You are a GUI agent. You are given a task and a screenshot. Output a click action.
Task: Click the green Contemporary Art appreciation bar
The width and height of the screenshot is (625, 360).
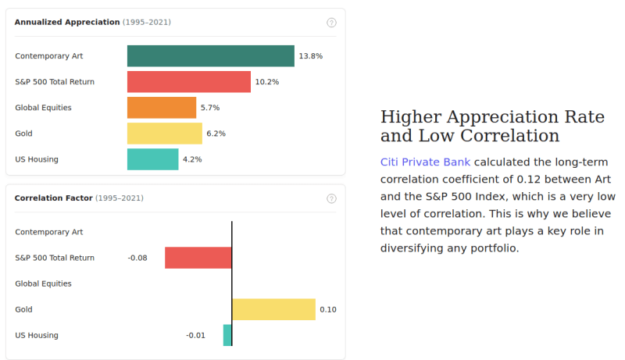pyautogui.click(x=211, y=56)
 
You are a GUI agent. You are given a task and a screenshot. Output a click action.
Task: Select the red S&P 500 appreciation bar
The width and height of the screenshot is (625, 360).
pyautogui.click(x=189, y=82)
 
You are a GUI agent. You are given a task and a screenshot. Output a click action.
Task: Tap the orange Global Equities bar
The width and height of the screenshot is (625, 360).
pyautogui.click(x=162, y=108)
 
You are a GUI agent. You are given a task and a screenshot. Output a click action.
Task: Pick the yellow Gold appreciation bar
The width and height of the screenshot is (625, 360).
pyautogui.click(x=165, y=134)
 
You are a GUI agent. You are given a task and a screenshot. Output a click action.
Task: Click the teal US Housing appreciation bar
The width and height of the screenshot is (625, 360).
pyautogui.click(x=153, y=159)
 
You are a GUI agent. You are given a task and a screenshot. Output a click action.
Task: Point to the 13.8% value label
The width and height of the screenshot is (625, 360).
pyautogui.click(x=310, y=56)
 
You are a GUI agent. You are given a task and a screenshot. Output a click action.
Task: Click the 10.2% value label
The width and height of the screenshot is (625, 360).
pyautogui.click(x=266, y=82)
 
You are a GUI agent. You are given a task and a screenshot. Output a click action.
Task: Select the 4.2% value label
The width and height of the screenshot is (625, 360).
pyautogui.click(x=192, y=159)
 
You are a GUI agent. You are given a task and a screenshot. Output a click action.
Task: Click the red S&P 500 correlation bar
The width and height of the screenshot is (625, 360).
pyautogui.click(x=198, y=258)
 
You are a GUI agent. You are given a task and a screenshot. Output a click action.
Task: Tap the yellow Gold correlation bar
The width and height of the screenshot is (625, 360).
pyautogui.click(x=273, y=309)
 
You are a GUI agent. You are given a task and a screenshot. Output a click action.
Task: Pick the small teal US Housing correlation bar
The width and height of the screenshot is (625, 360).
pyautogui.click(x=227, y=335)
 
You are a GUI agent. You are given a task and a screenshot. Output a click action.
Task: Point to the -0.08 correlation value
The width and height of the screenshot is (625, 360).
pyautogui.click(x=137, y=258)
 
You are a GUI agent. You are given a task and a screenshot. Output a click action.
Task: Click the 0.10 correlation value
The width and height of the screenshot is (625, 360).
pyautogui.click(x=328, y=309)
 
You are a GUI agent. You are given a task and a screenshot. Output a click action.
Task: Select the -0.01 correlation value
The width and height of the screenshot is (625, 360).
pyautogui.click(x=195, y=335)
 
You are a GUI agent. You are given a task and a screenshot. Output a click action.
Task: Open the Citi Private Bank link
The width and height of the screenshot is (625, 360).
pyautogui.click(x=425, y=162)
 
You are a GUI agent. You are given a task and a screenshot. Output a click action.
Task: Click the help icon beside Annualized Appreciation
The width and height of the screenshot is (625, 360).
pyautogui.click(x=331, y=23)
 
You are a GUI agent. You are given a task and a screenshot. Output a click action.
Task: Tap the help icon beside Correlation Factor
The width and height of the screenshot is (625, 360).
pyautogui.click(x=331, y=198)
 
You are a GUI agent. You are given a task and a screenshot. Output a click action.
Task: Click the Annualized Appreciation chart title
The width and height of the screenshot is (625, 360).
pyautogui.click(x=67, y=22)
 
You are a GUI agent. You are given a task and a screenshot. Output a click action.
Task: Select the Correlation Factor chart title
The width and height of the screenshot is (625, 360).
pyautogui.click(x=53, y=198)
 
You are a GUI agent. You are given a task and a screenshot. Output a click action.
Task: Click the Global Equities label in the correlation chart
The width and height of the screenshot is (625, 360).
pyautogui.click(x=43, y=283)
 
